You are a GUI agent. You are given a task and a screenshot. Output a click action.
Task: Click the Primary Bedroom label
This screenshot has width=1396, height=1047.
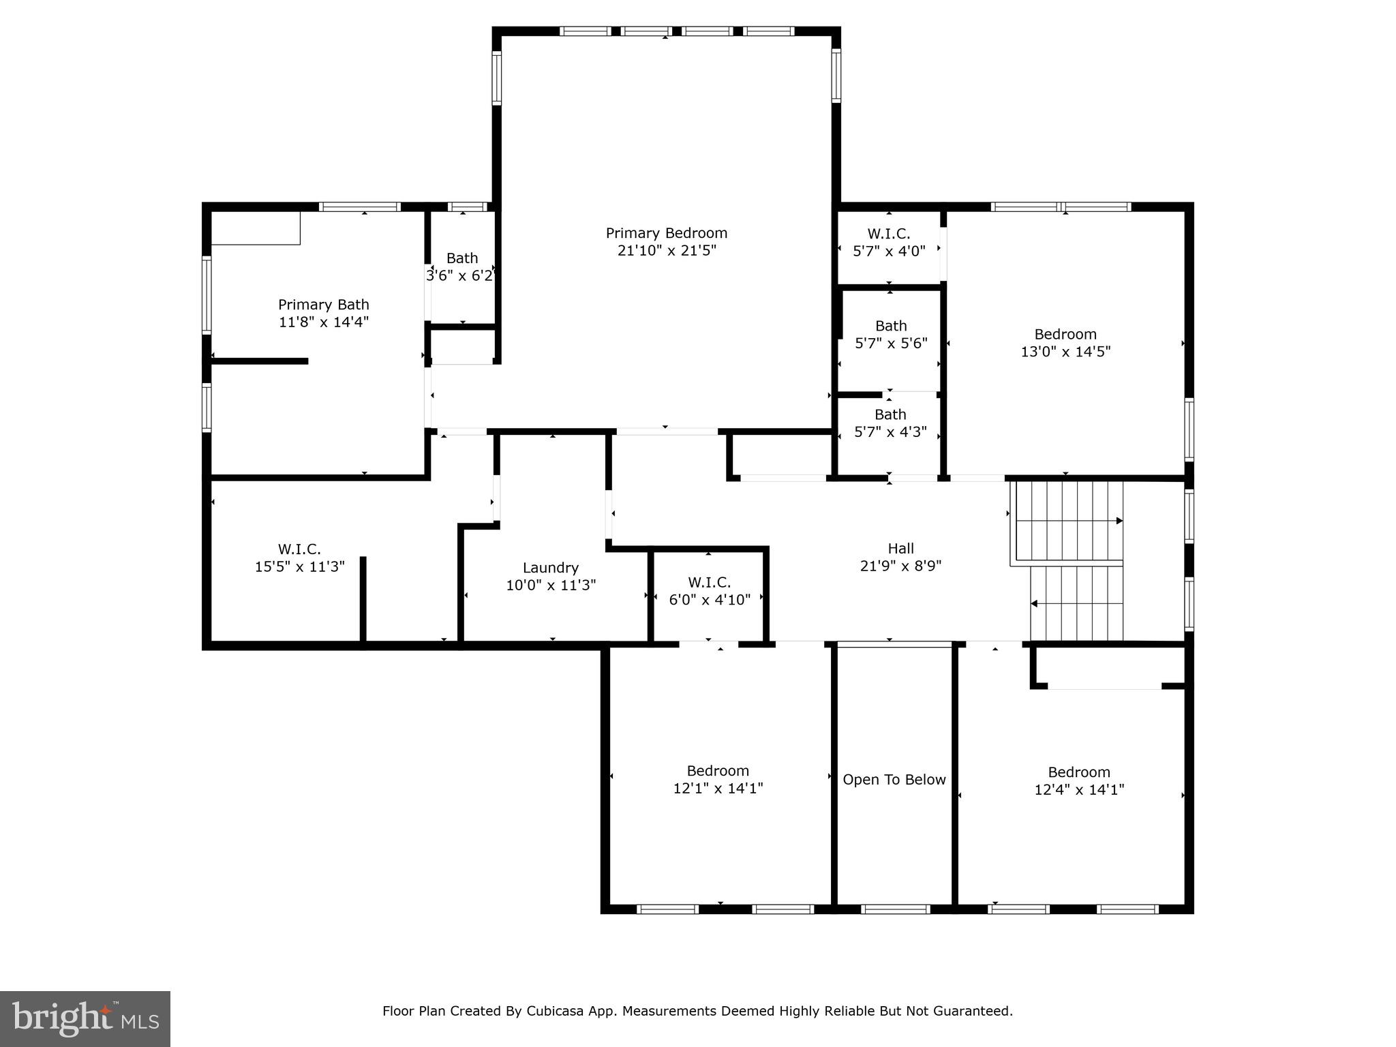click(667, 233)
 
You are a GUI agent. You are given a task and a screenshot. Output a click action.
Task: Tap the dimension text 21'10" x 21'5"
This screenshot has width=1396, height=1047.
click(667, 251)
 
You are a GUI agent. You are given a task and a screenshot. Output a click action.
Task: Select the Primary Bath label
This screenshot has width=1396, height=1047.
click(323, 305)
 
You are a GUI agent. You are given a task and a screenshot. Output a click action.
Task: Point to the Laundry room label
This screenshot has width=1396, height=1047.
click(551, 568)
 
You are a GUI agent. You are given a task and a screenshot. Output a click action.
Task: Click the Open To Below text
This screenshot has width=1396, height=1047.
click(894, 780)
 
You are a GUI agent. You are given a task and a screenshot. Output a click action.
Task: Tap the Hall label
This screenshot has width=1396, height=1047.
click(900, 548)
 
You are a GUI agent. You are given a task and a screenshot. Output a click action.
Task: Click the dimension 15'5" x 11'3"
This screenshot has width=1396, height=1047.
click(300, 566)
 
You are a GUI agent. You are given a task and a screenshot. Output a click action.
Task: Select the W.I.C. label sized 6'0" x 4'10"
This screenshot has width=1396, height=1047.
click(709, 582)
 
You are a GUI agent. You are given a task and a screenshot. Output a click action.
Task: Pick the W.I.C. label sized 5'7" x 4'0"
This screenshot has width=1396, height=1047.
click(889, 234)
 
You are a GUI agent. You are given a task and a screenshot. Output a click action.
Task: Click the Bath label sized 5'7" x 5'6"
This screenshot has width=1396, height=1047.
click(891, 326)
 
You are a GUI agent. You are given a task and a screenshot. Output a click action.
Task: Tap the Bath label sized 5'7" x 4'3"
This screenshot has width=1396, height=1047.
click(890, 414)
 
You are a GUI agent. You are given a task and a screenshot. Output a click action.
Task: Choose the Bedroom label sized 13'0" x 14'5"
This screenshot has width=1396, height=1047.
click(1065, 334)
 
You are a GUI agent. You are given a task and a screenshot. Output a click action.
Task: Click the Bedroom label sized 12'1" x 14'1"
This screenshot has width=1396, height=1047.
click(718, 771)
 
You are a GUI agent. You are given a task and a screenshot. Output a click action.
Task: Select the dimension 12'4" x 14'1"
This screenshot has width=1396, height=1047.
click(1078, 790)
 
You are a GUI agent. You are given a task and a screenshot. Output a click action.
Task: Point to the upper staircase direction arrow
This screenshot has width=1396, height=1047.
click(1118, 521)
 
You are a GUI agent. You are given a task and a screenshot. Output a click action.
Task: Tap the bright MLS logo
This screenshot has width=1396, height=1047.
click(85, 1018)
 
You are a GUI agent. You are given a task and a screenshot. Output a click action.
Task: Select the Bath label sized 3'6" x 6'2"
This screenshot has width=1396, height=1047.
click(462, 258)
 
